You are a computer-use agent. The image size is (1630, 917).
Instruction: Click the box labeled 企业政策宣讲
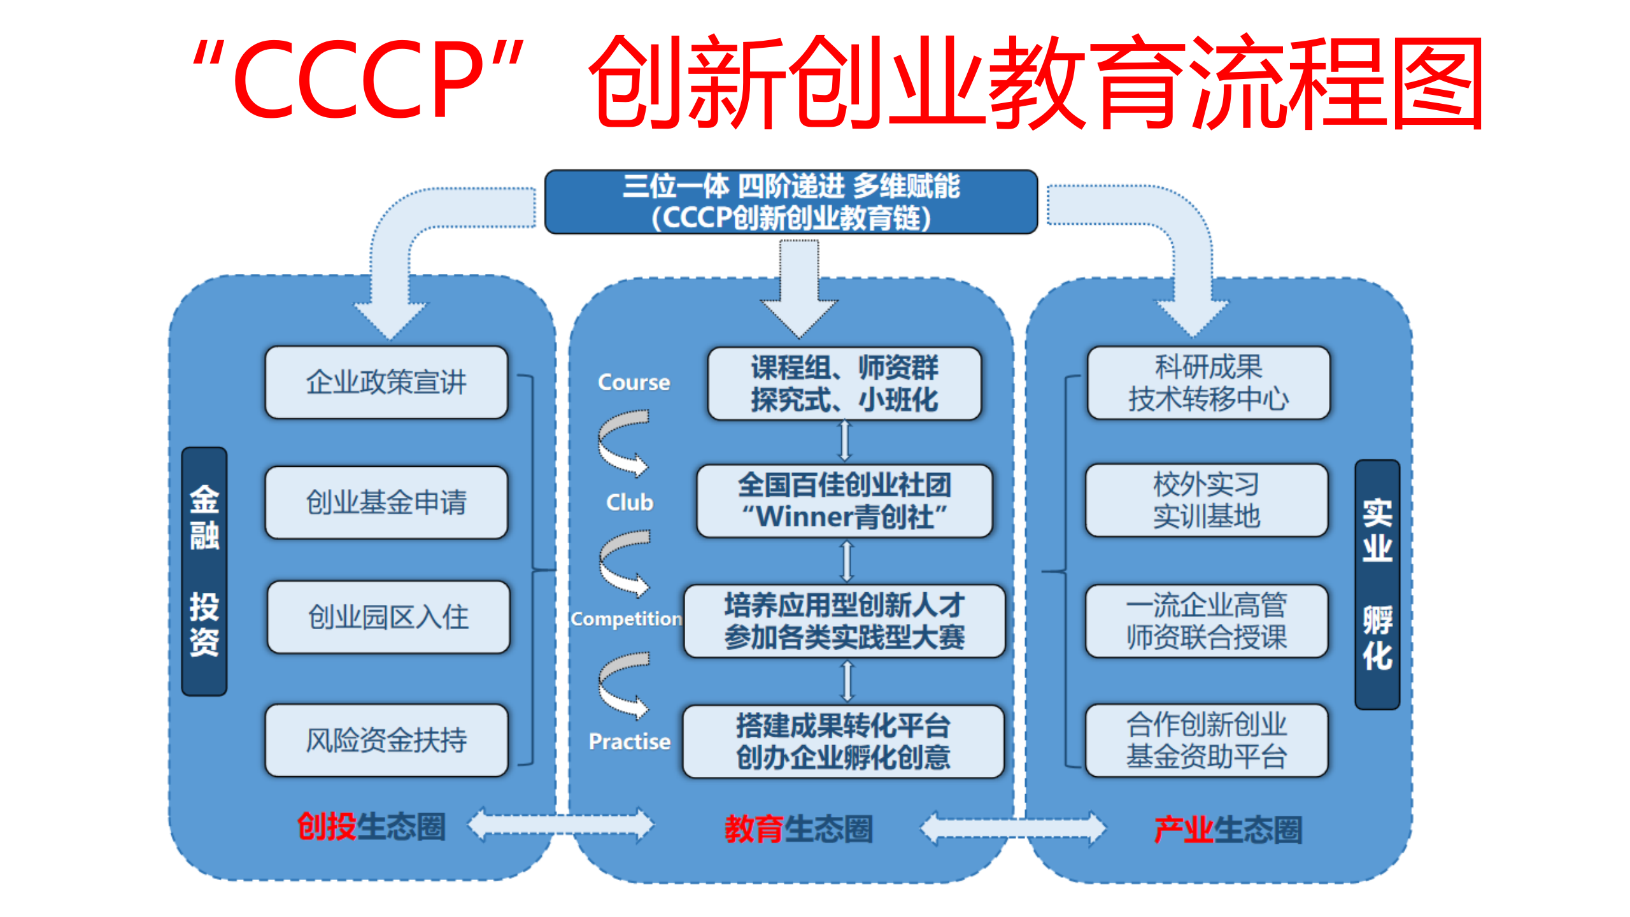386,382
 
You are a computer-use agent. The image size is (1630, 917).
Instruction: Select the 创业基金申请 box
386,502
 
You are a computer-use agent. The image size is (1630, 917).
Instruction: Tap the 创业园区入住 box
388,617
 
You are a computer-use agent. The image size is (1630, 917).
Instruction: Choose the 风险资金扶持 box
386,740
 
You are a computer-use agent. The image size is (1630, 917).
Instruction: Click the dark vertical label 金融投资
204,571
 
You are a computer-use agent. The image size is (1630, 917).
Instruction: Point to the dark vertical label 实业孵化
1377,584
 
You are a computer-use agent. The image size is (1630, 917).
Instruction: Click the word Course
634,382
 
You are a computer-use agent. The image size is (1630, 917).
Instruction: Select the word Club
629,502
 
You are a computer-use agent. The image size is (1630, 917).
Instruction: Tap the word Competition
626,618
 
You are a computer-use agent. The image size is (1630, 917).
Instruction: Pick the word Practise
629,741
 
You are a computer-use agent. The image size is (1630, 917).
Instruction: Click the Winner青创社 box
844,501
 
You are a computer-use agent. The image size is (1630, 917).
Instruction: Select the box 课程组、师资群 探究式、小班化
844,383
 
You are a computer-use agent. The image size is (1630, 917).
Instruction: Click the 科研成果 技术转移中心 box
1208,383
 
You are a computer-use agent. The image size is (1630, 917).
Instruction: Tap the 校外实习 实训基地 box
1206,501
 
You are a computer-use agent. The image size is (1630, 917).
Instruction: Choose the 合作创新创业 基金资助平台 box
1206,740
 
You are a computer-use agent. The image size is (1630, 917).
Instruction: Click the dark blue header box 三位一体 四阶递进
791,202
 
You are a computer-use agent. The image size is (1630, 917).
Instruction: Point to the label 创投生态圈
371,827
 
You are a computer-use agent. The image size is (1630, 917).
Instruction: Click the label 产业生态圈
1228,830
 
